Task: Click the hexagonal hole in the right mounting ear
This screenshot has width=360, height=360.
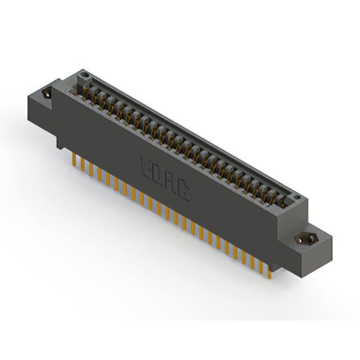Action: point(307,238)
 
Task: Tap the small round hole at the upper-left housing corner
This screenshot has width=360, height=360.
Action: point(84,74)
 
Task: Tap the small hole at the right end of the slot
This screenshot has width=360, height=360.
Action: point(296,197)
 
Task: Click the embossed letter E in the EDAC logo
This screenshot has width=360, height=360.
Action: point(145,165)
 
